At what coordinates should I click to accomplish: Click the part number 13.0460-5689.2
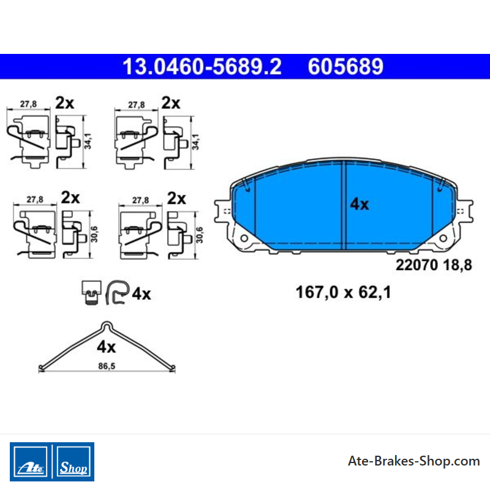202,66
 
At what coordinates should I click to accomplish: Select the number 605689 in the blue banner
345,66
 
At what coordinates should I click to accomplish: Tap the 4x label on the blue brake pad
360,204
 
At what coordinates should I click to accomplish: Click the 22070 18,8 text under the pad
434,265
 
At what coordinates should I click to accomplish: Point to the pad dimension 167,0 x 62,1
343,293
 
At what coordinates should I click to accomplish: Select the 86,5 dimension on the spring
107,366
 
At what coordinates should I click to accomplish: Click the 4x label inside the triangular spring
106,347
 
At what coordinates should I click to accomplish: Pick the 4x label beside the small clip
141,294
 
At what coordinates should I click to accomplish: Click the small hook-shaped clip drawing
118,292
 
